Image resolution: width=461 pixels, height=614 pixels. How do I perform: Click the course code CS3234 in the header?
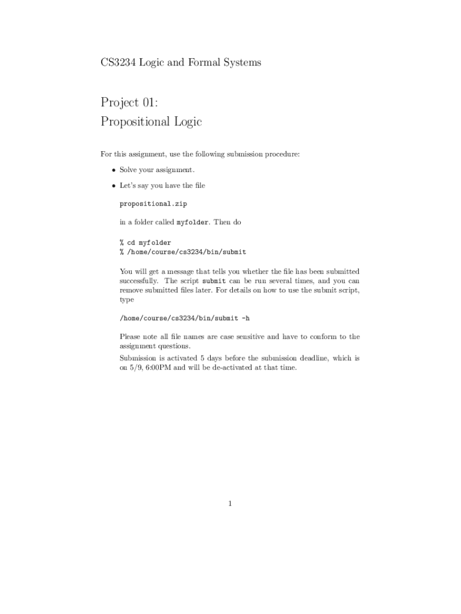click(x=119, y=62)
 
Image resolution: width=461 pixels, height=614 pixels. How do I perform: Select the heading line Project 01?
click(x=129, y=103)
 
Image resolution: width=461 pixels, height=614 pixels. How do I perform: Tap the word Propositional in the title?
click(x=137, y=122)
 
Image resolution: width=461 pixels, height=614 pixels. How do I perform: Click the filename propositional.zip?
click(x=153, y=204)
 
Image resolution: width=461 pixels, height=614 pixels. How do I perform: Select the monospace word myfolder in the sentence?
click(x=192, y=222)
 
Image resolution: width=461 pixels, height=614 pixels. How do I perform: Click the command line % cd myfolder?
click(x=145, y=243)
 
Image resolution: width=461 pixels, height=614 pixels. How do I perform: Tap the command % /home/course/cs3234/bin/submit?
click(x=183, y=252)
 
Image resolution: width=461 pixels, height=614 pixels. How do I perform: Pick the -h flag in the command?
click(x=245, y=318)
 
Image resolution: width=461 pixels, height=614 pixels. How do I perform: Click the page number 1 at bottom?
click(x=230, y=504)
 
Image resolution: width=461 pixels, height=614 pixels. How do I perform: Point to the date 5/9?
click(x=135, y=368)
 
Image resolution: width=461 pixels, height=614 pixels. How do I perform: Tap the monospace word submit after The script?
click(x=214, y=281)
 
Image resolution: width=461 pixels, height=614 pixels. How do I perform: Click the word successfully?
click(x=139, y=281)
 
